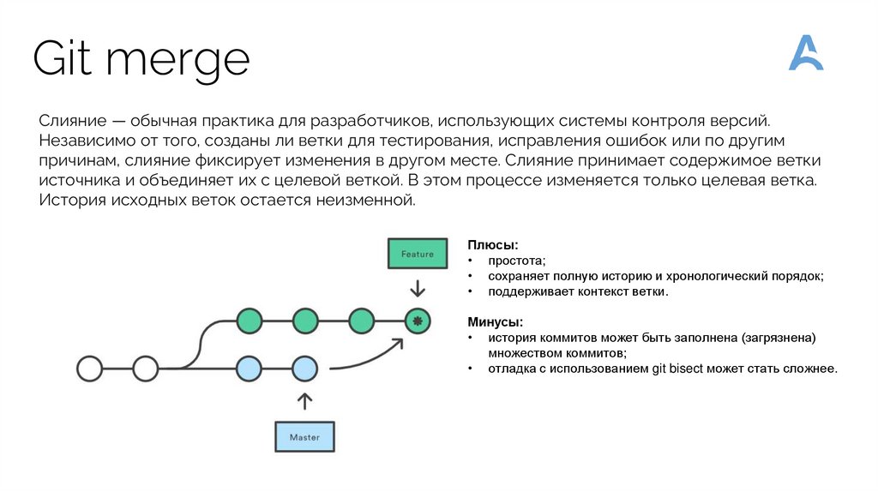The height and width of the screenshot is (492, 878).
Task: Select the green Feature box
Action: click(x=418, y=254)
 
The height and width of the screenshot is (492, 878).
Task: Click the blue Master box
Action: click(x=304, y=436)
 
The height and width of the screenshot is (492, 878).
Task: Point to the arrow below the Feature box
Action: click(x=418, y=287)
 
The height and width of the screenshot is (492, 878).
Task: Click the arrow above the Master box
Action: click(x=304, y=401)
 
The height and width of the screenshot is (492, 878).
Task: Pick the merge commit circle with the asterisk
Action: click(x=418, y=321)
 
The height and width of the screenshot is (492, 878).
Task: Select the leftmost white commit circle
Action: click(x=89, y=369)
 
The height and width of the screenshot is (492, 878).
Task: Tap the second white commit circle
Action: click(x=145, y=369)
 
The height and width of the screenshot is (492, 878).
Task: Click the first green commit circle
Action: click(x=249, y=321)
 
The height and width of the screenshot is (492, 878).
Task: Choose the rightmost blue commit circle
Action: click(x=304, y=369)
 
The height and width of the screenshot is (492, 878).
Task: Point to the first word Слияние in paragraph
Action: click(x=73, y=121)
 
